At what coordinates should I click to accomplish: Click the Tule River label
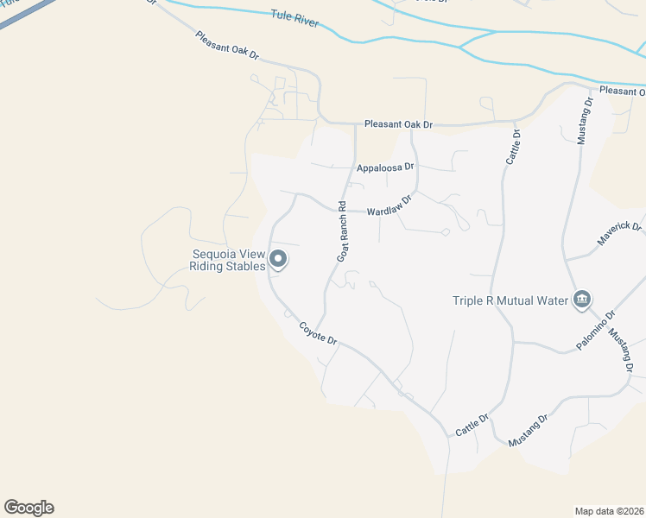click(294, 20)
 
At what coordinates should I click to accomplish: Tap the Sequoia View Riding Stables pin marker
click(278, 259)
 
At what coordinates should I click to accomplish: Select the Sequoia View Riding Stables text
click(227, 260)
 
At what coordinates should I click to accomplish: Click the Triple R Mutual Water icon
click(581, 300)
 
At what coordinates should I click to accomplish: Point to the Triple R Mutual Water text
click(510, 300)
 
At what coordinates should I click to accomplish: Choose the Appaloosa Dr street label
click(385, 167)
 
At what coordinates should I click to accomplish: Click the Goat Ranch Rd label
click(342, 231)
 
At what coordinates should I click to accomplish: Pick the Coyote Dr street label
click(317, 332)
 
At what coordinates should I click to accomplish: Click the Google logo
click(28, 508)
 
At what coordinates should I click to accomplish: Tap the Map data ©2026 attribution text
click(609, 510)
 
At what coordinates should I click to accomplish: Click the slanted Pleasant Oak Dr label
click(227, 45)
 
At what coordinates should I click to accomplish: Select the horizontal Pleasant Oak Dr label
click(397, 124)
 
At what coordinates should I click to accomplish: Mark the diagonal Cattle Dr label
click(472, 424)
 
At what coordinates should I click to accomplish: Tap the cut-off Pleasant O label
click(623, 91)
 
